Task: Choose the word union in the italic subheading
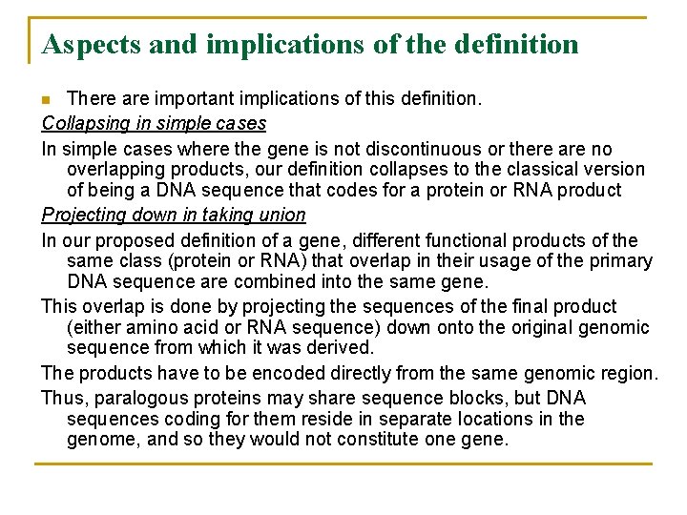(283, 215)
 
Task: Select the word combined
(307, 281)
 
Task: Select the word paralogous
(138, 398)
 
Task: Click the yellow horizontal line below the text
(343, 464)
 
